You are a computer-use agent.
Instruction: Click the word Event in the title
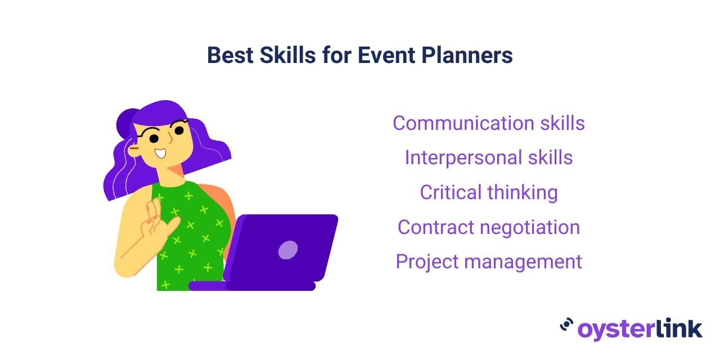386,55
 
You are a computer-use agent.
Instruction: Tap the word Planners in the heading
467,55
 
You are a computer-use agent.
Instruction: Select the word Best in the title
230,55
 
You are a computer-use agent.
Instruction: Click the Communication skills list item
489,123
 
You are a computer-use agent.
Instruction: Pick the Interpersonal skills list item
489,158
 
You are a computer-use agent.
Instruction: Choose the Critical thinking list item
489,192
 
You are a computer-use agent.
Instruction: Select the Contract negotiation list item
489,227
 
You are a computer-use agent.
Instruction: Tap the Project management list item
489,262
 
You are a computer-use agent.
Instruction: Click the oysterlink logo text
640,329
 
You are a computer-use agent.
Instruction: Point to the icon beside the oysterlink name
566,325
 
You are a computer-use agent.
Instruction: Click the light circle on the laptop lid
287,250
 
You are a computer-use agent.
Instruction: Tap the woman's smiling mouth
160,153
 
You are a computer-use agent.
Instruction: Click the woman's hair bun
127,124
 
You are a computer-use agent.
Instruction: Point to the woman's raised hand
157,220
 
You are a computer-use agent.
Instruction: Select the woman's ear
134,150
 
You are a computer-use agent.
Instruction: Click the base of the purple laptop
251,286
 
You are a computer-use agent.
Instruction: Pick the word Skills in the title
287,55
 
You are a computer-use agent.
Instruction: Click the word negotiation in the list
530,228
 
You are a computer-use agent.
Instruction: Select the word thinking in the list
523,192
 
